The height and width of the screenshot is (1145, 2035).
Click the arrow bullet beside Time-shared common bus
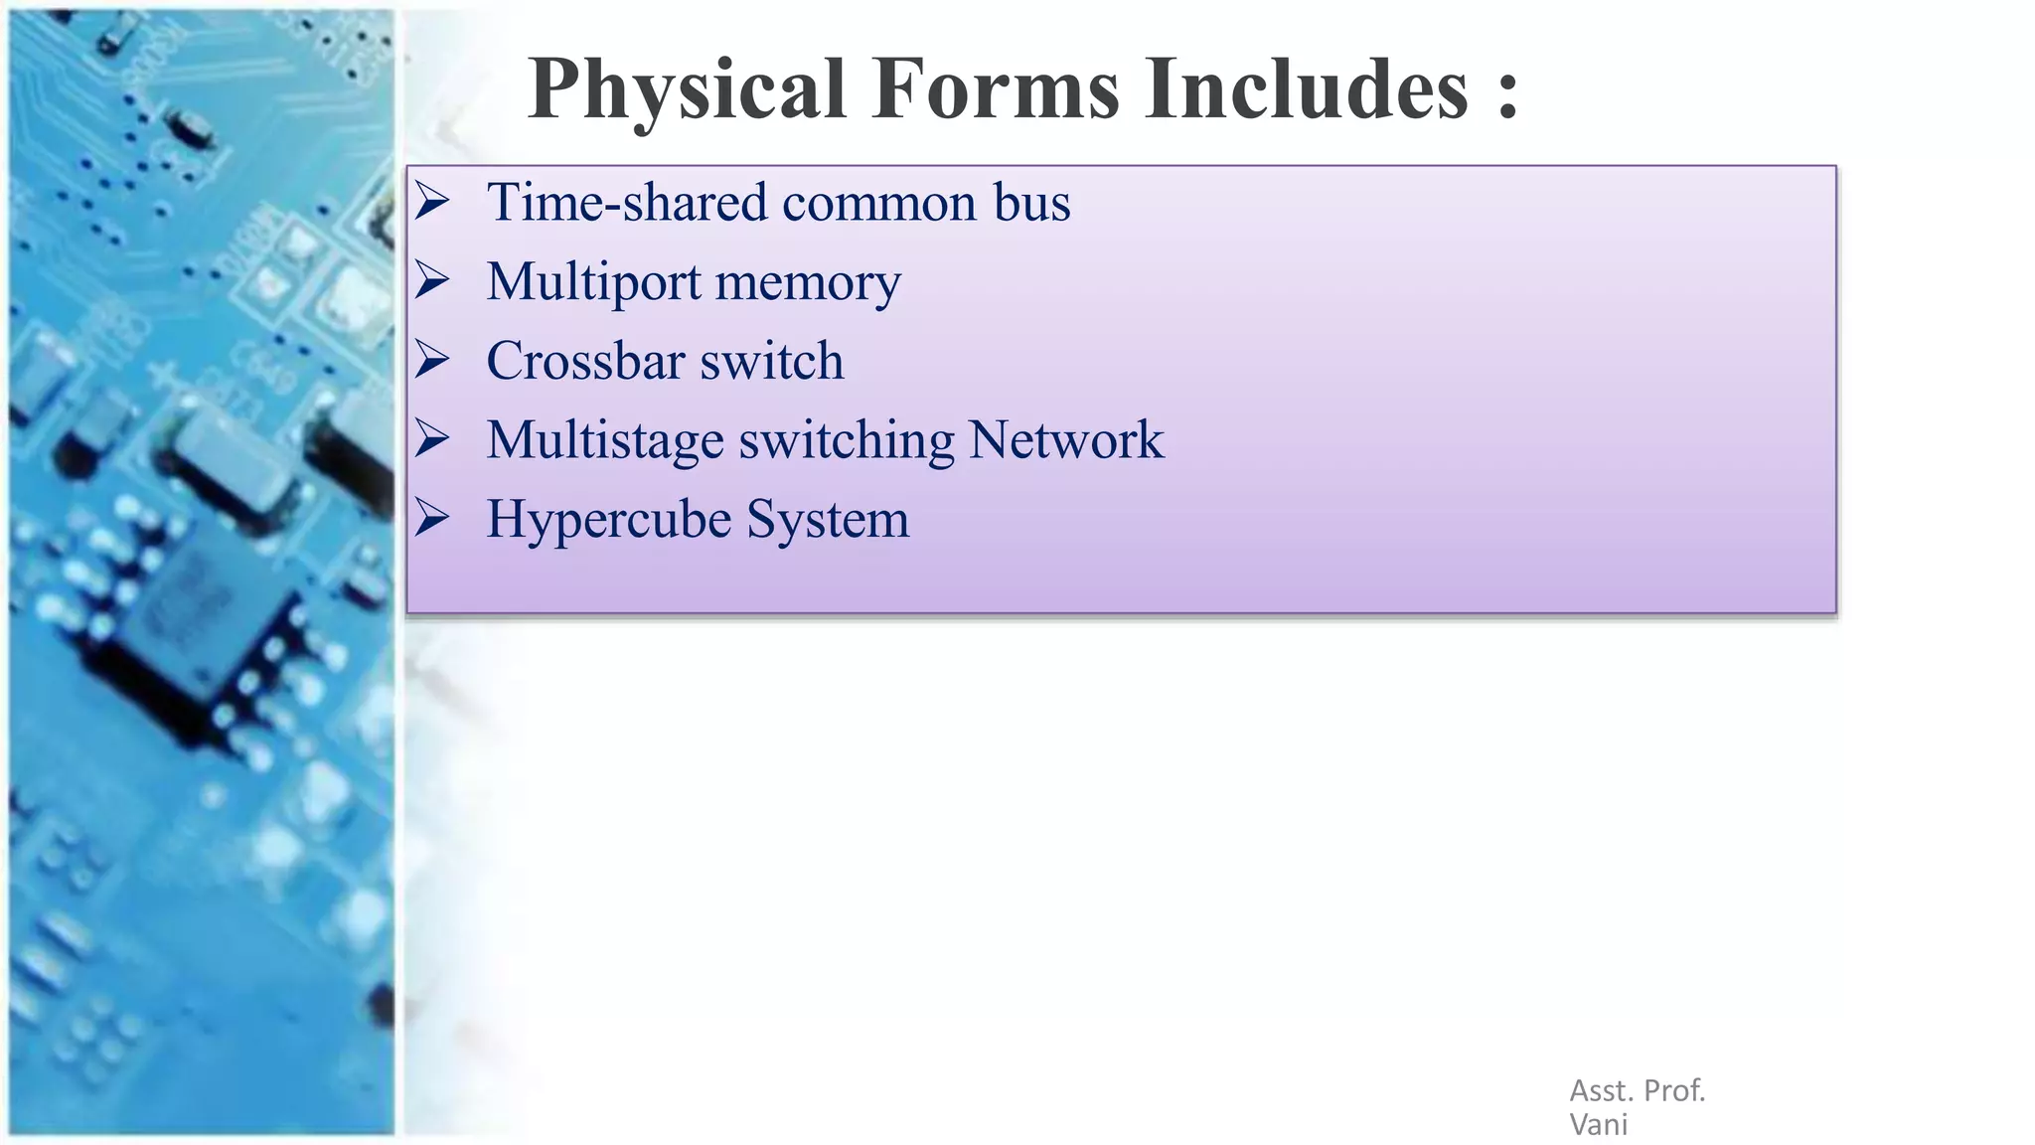[432, 202]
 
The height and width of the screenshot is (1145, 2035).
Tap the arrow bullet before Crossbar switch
[432, 360]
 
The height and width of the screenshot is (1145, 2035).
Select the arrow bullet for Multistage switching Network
[432, 438]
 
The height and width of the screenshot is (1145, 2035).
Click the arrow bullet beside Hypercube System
[432, 518]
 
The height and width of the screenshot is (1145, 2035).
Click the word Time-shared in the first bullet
[626, 203]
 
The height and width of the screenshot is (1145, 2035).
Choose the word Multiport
[593, 282]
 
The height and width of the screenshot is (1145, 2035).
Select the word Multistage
[604, 440]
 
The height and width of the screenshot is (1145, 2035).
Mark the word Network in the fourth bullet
[1065, 439]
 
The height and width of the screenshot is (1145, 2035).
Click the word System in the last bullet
[827, 520]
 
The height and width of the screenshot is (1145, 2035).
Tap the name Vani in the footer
[1598, 1125]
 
